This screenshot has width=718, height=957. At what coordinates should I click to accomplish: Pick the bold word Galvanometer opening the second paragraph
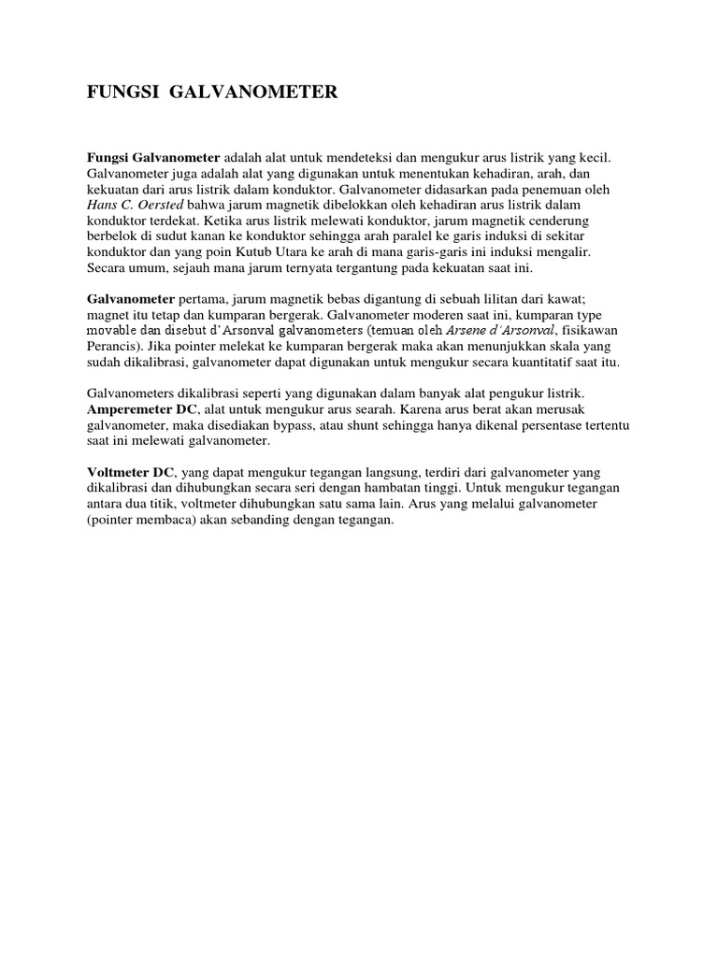[x=131, y=300]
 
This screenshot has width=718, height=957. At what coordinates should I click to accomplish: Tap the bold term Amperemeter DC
[x=141, y=410]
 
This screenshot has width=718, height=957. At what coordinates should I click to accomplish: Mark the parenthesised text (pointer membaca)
[x=141, y=521]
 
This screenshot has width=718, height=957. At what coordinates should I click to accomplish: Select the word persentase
[x=553, y=426]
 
